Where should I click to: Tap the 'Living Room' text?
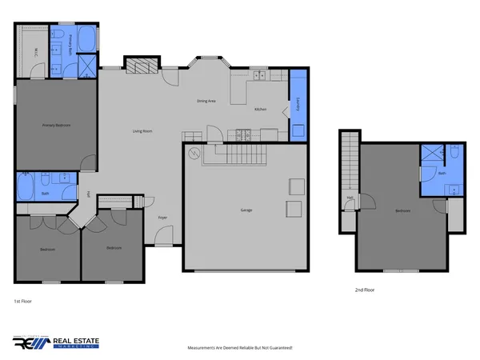click(142, 130)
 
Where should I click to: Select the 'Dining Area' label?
click(207, 101)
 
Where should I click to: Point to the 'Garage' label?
click(246, 210)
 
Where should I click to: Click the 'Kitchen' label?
click(260, 109)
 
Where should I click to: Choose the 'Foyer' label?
click(162, 217)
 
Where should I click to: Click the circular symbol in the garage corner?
click(193, 153)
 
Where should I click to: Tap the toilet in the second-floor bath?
click(454, 154)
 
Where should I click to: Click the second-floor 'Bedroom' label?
click(402, 210)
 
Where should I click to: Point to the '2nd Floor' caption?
click(364, 290)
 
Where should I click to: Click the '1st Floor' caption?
click(22, 301)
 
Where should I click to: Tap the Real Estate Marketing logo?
click(56, 342)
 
